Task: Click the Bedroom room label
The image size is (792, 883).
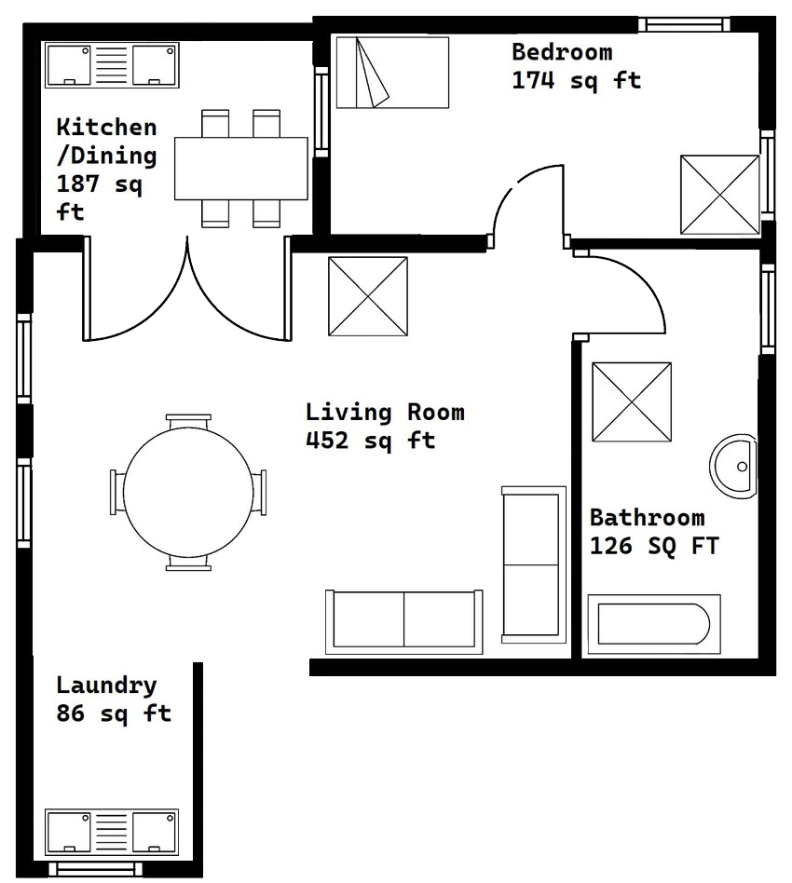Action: [561, 52]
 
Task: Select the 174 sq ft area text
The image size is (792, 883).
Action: [576, 81]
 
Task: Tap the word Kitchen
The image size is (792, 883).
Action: [106, 127]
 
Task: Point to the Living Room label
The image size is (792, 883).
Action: [384, 412]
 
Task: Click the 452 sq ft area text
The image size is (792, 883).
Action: [370, 441]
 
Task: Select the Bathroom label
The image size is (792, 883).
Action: [647, 518]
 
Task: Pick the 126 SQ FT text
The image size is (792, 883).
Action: [654, 547]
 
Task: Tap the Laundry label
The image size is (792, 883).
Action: [106, 686]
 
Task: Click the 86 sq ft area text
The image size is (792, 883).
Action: [114, 714]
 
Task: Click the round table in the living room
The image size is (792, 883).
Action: [188, 491]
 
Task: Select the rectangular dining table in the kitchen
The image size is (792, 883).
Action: [241, 169]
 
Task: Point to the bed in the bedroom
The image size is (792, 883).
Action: [392, 73]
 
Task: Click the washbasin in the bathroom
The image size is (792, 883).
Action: [736, 465]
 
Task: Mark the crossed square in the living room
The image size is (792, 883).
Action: [368, 296]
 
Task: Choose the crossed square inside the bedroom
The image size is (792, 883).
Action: [719, 195]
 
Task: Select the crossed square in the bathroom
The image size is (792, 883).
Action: [632, 401]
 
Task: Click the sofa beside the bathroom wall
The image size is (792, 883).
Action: [533, 564]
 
